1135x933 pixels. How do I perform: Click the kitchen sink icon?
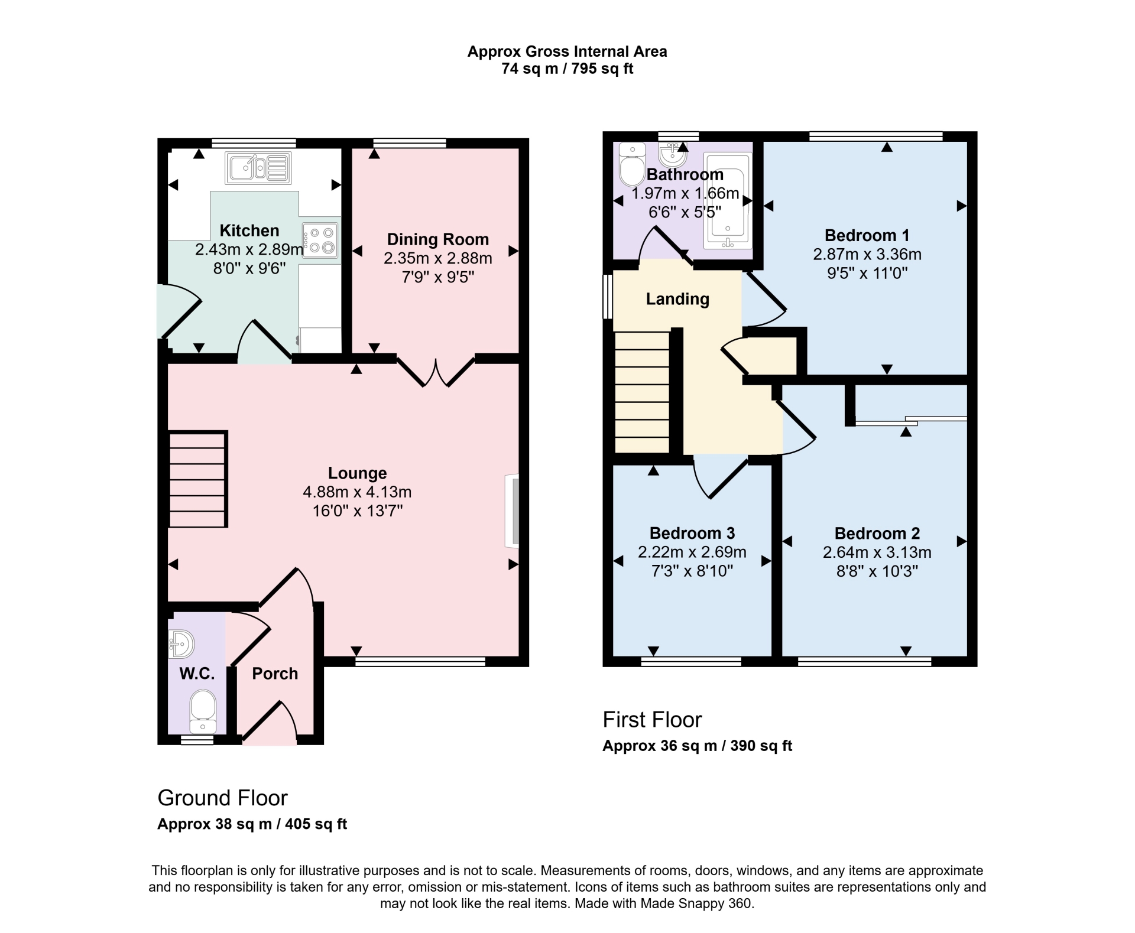(258, 168)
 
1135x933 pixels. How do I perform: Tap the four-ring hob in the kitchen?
(320, 240)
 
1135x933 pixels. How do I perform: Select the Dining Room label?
(437, 239)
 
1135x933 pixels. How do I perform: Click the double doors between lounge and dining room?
(436, 372)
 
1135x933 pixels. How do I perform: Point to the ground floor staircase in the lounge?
(198, 479)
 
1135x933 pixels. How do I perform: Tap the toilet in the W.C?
(203, 712)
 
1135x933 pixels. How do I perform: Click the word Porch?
(275, 674)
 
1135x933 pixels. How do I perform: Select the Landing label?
(677, 299)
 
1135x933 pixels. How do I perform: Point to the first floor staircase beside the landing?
(642, 392)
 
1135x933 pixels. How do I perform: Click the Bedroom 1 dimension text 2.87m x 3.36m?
(867, 255)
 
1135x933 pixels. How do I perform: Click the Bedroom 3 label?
(692, 533)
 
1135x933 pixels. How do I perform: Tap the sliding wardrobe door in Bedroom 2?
(910, 421)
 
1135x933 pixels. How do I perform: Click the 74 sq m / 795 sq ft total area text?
(567, 69)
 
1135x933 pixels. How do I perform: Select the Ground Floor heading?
(222, 798)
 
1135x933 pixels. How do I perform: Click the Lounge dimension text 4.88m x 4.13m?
(357, 492)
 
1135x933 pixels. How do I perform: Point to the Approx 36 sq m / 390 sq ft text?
(697, 746)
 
